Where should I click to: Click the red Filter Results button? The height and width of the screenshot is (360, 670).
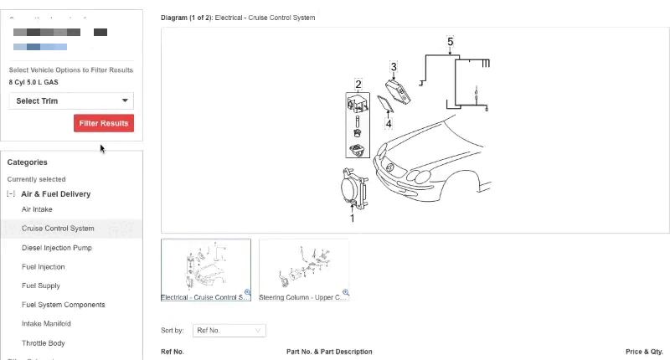tap(104, 123)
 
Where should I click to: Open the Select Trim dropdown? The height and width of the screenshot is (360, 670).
tap(71, 101)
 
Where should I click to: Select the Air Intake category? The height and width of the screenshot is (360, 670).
tap(37, 209)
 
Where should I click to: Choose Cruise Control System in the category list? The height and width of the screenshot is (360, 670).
tap(58, 229)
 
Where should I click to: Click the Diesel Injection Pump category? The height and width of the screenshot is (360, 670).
tap(57, 248)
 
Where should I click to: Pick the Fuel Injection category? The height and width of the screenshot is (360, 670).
tap(44, 267)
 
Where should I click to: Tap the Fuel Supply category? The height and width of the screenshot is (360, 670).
tap(41, 285)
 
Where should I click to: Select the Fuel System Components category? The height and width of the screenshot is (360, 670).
tap(64, 305)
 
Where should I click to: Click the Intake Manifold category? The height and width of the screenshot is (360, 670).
tap(46, 324)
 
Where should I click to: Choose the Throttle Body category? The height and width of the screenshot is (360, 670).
tap(44, 343)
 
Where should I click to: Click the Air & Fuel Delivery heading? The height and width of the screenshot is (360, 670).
tap(55, 194)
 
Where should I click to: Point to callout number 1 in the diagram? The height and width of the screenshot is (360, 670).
tap(352, 219)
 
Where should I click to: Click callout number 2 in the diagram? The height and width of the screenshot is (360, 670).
tap(358, 84)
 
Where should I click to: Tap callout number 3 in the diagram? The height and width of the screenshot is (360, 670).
tap(394, 66)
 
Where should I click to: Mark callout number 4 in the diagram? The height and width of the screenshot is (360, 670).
tap(389, 124)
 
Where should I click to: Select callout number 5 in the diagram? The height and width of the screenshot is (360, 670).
tap(451, 41)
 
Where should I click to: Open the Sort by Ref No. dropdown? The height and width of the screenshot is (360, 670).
tap(229, 331)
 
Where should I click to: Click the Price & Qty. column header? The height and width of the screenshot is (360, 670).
tap(644, 352)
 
